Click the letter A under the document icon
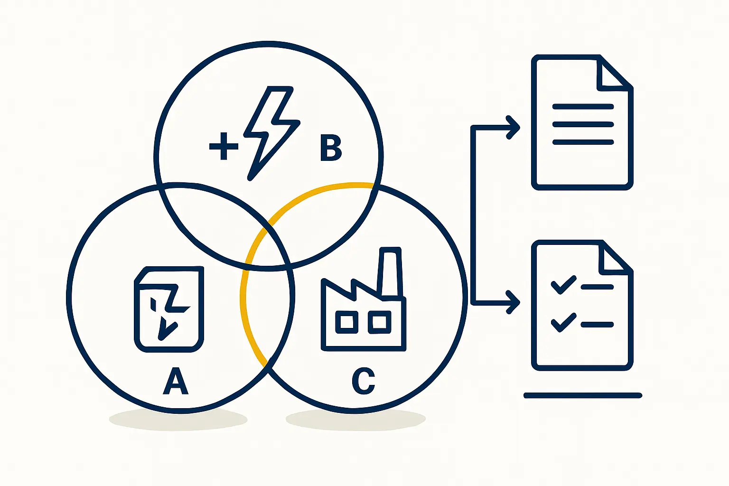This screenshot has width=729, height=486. pos(176,381)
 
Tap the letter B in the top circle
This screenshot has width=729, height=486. pos(331,148)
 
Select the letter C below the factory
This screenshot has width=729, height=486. pos(364,381)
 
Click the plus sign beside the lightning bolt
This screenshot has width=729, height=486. pos(224,146)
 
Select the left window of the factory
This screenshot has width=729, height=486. pos(347,322)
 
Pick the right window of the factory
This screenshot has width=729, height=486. pos(379,322)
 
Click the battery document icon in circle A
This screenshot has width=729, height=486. pos(169,309)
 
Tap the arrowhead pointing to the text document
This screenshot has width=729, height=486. pos(514,127)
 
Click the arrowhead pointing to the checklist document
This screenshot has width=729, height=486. pos(514,302)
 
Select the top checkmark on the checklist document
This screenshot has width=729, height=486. pos(563,284)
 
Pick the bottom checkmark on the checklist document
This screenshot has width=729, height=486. pos(563,322)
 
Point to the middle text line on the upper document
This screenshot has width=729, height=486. pos(583,124)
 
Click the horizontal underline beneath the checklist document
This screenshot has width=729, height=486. pos(583,395)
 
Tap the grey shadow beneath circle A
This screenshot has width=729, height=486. pos(178,420)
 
